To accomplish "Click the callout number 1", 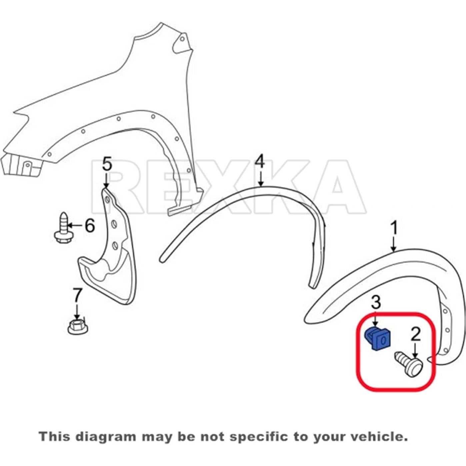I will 394,229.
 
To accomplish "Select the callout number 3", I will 376,302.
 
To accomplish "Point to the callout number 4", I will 260,161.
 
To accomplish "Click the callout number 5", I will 106,164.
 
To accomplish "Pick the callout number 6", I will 89,226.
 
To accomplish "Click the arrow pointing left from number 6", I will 76,226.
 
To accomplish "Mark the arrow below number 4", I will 261,179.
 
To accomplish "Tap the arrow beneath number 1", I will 394,245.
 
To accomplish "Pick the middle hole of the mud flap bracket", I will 114,224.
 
